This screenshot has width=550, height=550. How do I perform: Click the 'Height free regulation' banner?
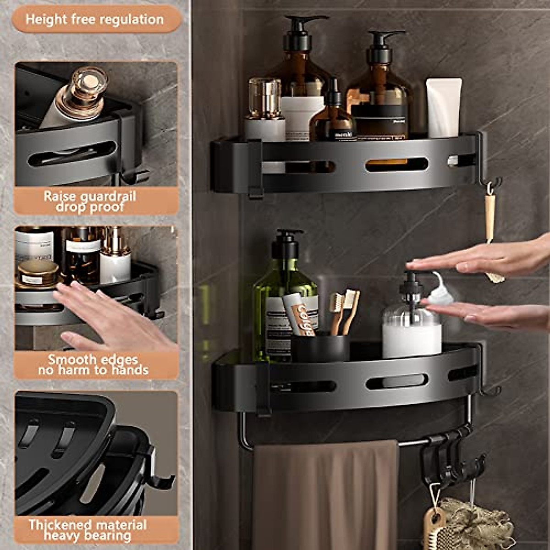coord(95,19)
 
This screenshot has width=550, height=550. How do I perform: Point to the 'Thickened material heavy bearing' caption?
coord(88,530)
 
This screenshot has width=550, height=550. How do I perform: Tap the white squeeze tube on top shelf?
coord(444,108)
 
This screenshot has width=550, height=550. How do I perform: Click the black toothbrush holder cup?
coord(320,348)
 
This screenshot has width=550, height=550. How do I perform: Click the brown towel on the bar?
coord(325,495)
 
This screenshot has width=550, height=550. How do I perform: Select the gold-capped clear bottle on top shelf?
coord(264,110)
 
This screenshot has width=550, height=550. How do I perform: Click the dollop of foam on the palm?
coord(441,293)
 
